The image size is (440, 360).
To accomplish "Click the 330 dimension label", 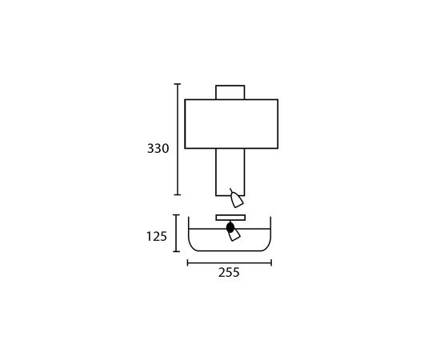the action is (x=158, y=149).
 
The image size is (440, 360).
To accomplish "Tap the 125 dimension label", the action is (x=157, y=237).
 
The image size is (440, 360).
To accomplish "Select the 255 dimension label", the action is (x=229, y=273).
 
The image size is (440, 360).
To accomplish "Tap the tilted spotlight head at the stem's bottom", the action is (x=236, y=199).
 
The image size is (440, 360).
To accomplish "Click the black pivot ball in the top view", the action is (x=230, y=227).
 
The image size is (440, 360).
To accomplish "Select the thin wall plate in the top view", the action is (x=230, y=218).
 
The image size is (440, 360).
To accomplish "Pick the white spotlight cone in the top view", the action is (x=234, y=235).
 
